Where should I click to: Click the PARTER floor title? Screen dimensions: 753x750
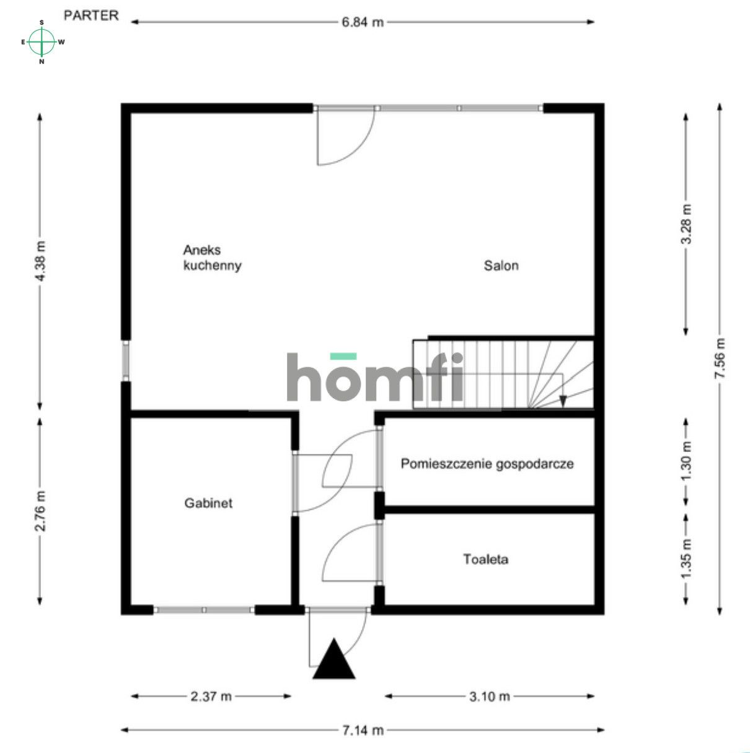click(x=91, y=15)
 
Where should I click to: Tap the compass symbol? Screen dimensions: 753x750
click(x=42, y=42)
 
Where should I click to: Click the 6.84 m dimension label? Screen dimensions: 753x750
click(x=363, y=22)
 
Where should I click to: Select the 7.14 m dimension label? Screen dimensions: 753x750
click(x=363, y=731)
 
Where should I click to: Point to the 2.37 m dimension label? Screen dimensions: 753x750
click(x=211, y=697)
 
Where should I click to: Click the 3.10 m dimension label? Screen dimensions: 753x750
click(x=490, y=697)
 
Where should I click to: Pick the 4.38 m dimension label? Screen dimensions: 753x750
click(x=41, y=261)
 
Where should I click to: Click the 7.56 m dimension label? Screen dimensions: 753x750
click(x=720, y=359)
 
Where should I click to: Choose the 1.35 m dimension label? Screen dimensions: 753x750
click(x=686, y=559)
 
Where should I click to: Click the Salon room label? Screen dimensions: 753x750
click(x=501, y=266)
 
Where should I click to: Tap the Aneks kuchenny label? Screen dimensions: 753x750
click(x=212, y=258)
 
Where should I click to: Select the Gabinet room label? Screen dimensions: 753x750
click(x=208, y=503)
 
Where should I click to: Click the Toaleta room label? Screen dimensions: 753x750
click(x=486, y=559)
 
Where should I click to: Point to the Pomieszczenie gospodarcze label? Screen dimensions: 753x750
click(x=487, y=463)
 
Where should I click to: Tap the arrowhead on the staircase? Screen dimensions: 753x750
click(x=563, y=401)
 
